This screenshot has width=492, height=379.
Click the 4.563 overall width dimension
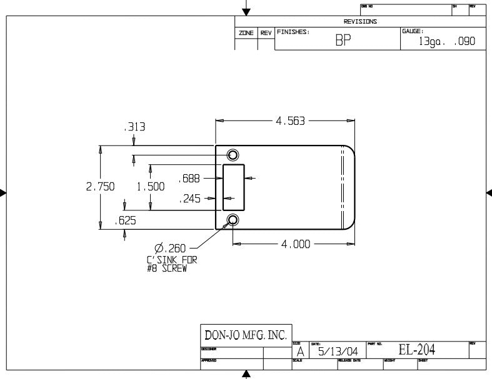[290, 121]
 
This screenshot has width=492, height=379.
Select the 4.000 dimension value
[296, 244]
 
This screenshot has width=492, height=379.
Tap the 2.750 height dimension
[99, 187]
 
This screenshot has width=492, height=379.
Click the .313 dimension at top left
[134, 127]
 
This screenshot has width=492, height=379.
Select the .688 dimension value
[189, 179]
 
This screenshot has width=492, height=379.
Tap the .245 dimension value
[189, 200]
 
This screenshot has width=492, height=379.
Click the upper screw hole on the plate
[233, 155]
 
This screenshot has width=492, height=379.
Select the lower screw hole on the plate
[233, 220]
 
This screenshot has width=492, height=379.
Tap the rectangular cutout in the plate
[234, 187]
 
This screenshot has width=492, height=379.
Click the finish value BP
[343, 41]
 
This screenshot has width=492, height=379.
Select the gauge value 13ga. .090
[447, 42]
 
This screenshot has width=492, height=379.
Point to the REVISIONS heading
[360, 21]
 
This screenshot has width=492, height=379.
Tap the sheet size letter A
[300, 352]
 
